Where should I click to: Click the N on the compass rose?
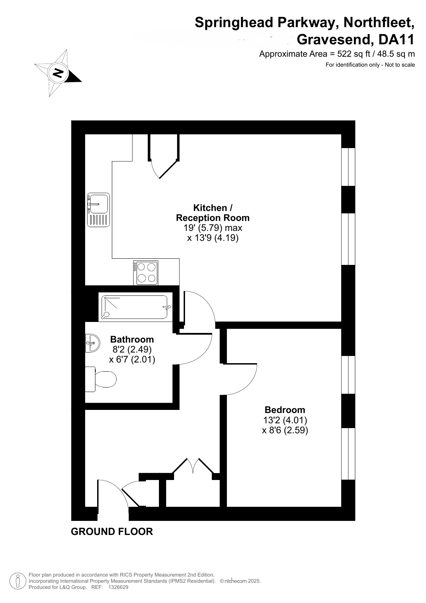coord(58,72)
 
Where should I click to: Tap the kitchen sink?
coord(98,210)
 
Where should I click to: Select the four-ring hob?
coord(146,273)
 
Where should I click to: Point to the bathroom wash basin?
coord(92,343)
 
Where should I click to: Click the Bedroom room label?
coord(285,410)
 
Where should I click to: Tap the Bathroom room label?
coord(132,339)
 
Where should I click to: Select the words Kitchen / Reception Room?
coord(213,213)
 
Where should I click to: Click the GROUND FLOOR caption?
coord(112,532)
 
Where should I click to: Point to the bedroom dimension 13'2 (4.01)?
coord(285,420)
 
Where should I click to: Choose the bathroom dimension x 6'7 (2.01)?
coord(132,360)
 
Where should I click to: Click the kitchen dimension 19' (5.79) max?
coord(213,228)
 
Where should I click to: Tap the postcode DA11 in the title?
coord(396,40)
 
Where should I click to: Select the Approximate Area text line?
coord(337,54)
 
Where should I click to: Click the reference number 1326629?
coord(118,587)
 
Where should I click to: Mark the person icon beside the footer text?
coord(18,581)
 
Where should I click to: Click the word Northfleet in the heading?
coord(379,23)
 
